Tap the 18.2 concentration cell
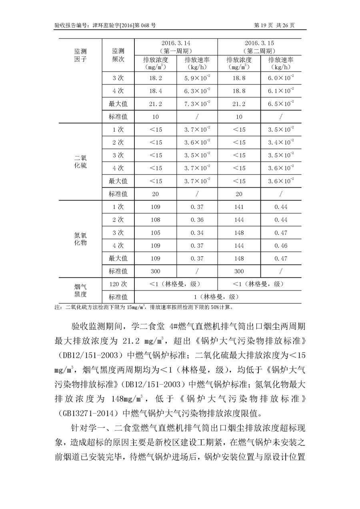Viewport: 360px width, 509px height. point(156,78)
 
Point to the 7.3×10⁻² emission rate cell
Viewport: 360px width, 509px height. point(197,104)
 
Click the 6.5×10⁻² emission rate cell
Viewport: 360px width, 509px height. point(280,104)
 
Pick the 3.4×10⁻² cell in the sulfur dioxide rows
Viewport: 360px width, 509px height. point(280,142)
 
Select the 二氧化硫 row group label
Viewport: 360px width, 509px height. point(80,162)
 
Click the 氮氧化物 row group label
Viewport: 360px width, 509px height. point(80,239)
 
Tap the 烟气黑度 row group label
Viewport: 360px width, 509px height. point(80,291)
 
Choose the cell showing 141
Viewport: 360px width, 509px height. point(239,207)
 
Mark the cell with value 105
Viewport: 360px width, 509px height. point(156,232)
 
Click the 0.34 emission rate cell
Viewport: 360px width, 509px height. point(197,232)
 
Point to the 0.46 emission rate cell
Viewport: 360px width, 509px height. point(280,245)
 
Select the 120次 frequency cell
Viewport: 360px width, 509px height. point(118,284)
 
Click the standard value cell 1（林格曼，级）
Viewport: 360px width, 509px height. point(218,297)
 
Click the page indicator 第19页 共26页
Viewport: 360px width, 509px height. point(274,25)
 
